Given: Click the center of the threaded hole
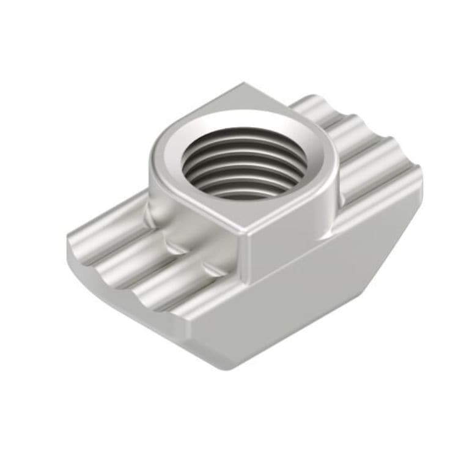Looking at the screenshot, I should click(245, 163).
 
